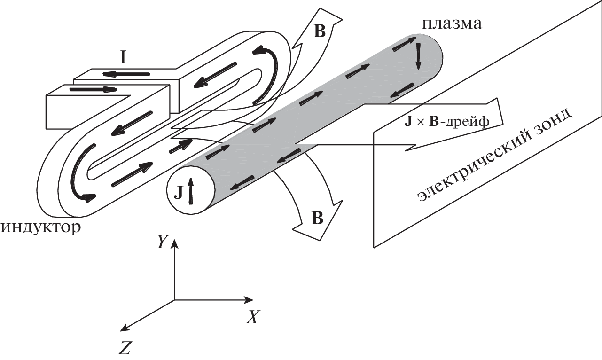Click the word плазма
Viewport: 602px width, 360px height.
coord(452,23)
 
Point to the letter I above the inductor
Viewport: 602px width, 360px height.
coord(123,57)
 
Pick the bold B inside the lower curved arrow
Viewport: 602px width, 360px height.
coord(318,219)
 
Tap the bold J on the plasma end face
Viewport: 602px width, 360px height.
coord(179,193)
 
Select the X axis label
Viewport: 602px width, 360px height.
coord(253,318)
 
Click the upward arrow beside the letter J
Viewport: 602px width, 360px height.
coord(190,190)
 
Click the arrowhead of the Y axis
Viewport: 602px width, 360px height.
coord(174,243)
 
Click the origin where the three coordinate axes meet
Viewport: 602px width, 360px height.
coord(174,299)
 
